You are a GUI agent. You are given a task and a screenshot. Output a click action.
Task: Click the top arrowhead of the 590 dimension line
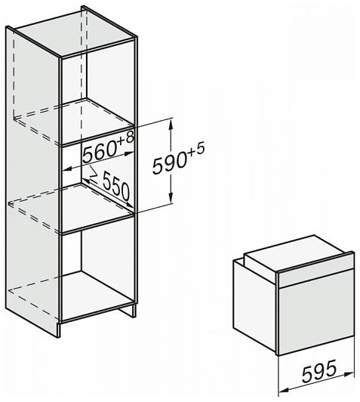pos(171,122)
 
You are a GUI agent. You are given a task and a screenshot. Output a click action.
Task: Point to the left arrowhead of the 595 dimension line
pos(283,391)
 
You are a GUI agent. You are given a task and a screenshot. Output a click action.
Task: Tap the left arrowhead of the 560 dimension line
pos(67,169)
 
